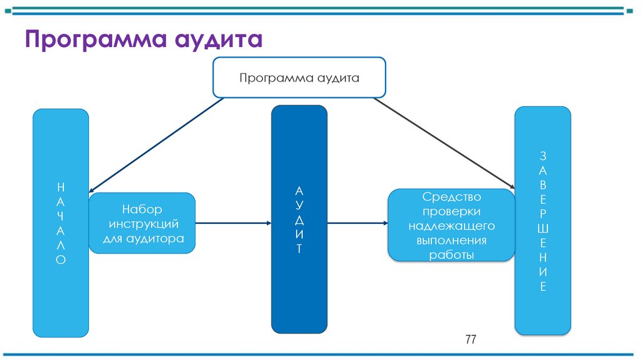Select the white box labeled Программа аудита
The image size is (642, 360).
pos(299,78)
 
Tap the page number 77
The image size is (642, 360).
pos(471,340)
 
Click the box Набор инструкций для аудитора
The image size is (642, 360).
pos(142,223)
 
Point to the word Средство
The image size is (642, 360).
pos(451,197)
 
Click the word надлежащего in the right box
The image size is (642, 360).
pos(451,226)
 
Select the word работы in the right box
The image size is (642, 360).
pos(451,255)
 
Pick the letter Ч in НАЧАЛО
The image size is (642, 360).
pos(60,216)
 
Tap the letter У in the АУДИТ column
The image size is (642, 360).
pos(299,205)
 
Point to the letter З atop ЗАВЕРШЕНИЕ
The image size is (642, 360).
pos(543,156)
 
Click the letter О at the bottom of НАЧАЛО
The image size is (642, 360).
pos(60,259)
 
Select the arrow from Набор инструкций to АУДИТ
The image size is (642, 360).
pos(233,223)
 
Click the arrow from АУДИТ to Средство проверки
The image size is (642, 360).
pos(357,223)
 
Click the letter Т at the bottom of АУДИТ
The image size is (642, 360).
pos(299,248)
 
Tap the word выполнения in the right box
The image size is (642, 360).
pos(451,240)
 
